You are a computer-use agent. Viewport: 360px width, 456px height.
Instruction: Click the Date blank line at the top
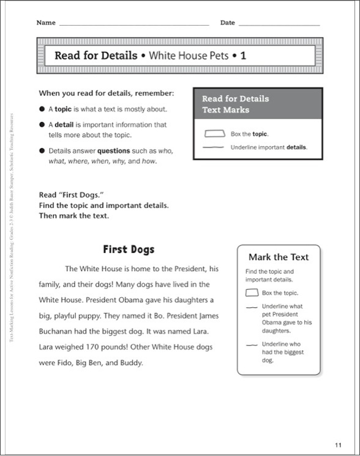[279, 24]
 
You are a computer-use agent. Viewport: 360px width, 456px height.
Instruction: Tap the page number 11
[339, 444]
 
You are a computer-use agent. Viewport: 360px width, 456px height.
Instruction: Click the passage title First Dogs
[129, 249]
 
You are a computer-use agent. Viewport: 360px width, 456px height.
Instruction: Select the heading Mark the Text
[279, 257]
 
